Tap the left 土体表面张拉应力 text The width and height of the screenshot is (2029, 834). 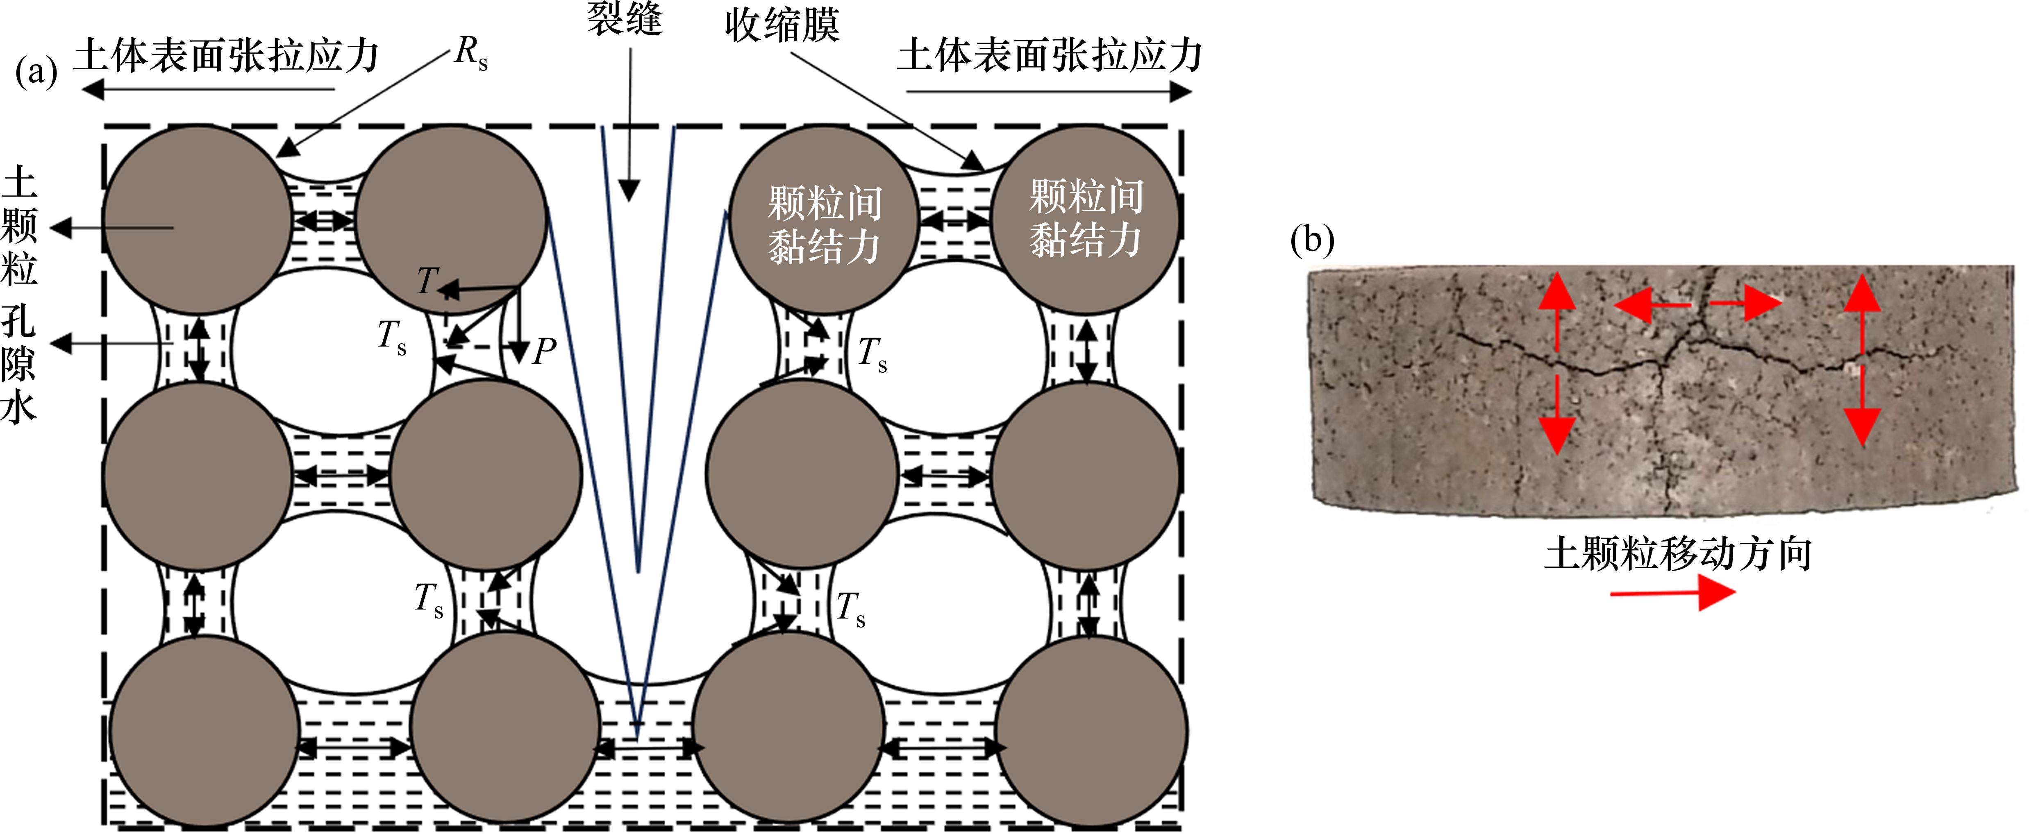(226, 56)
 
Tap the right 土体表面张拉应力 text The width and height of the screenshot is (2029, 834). (1049, 56)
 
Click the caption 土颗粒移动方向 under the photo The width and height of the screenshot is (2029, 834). (1678, 554)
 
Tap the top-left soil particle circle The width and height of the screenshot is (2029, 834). (197, 219)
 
